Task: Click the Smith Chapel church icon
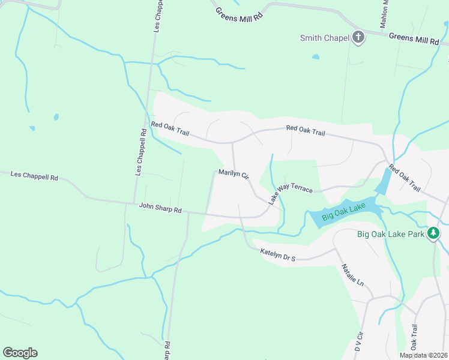click(x=358, y=38)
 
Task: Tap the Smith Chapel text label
click(x=325, y=38)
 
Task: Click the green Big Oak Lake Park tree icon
click(x=433, y=234)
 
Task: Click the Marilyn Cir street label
click(x=233, y=173)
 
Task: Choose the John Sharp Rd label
click(x=160, y=208)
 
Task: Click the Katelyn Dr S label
click(x=278, y=254)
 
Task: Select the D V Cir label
click(x=360, y=341)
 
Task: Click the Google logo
click(x=20, y=353)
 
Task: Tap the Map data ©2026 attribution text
click(x=423, y=355)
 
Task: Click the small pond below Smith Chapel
click(x=316, y=58)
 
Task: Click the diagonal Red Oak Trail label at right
click(x=405, y=178)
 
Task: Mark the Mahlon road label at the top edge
click(x=385, y=13)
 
